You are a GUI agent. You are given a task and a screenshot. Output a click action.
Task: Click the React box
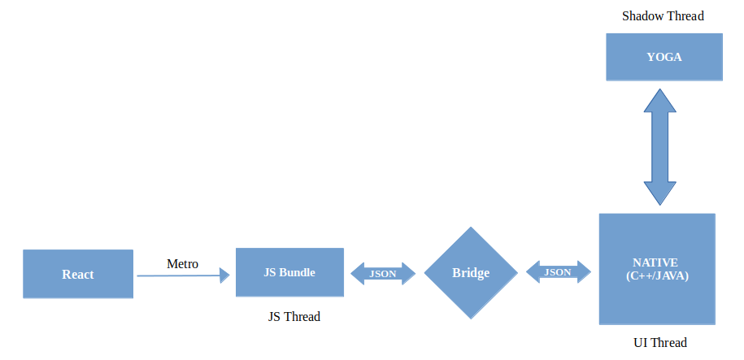[x=78, y=274]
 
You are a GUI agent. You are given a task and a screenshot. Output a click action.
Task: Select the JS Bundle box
[x=289, y=272]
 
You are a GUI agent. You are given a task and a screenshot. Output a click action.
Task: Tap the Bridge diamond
[x=471, y=273]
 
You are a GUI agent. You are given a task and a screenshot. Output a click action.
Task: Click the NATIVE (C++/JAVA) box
[x=657, y=269]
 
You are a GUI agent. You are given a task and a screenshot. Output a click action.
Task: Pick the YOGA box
[x=664, y=57]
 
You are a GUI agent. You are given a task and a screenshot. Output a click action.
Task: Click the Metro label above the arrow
[x=182, y=263]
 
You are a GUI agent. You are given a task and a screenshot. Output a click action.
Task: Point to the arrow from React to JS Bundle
[x=183, y=276]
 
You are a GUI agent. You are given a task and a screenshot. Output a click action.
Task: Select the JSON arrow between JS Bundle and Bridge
[x=383, y=274]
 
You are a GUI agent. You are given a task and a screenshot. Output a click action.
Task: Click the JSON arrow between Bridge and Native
[x=558, y=272]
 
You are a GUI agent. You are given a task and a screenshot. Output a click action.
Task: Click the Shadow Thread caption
[x=663, y=16]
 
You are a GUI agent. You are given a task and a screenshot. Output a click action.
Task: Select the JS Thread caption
[x=294, y=317]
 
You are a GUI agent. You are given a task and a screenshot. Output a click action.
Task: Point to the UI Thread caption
[x=659, y=342]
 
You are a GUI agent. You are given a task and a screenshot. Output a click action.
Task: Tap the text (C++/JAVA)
[x=657, y=275]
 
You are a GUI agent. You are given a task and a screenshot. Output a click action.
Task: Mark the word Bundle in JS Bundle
[x=298, y=272]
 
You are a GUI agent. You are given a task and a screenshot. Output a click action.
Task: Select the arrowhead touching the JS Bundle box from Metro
[x=225, y=276]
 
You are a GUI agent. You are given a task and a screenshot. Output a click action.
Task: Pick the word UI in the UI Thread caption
[x=641, y=342]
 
